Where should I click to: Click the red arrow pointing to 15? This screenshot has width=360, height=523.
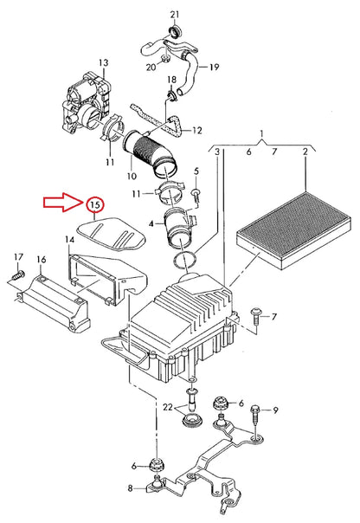63,202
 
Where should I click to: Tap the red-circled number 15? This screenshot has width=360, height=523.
95,205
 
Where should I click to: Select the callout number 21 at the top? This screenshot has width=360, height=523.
175,15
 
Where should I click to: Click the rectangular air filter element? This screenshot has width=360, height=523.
293,229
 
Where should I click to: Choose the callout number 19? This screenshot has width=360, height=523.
215,67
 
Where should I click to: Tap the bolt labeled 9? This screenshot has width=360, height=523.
255,416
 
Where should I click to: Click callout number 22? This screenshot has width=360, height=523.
168,407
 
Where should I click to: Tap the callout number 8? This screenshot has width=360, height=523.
130,488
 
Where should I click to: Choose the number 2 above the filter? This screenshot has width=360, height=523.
305,152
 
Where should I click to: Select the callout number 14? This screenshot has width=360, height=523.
69,240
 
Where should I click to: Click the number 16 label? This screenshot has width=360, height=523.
42,260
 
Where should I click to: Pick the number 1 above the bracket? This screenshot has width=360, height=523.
261,133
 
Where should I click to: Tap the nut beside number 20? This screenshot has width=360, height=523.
165,60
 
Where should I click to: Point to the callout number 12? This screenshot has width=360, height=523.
197,130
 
